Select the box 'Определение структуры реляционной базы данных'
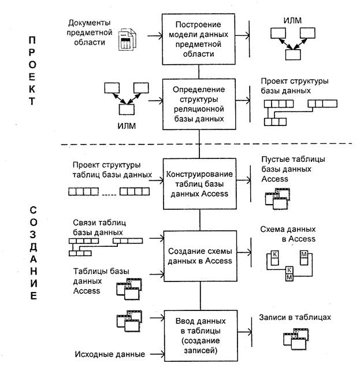[x=199, y=104]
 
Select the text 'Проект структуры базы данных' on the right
[x=294, y=86]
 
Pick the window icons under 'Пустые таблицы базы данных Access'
[x=274, y=198]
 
